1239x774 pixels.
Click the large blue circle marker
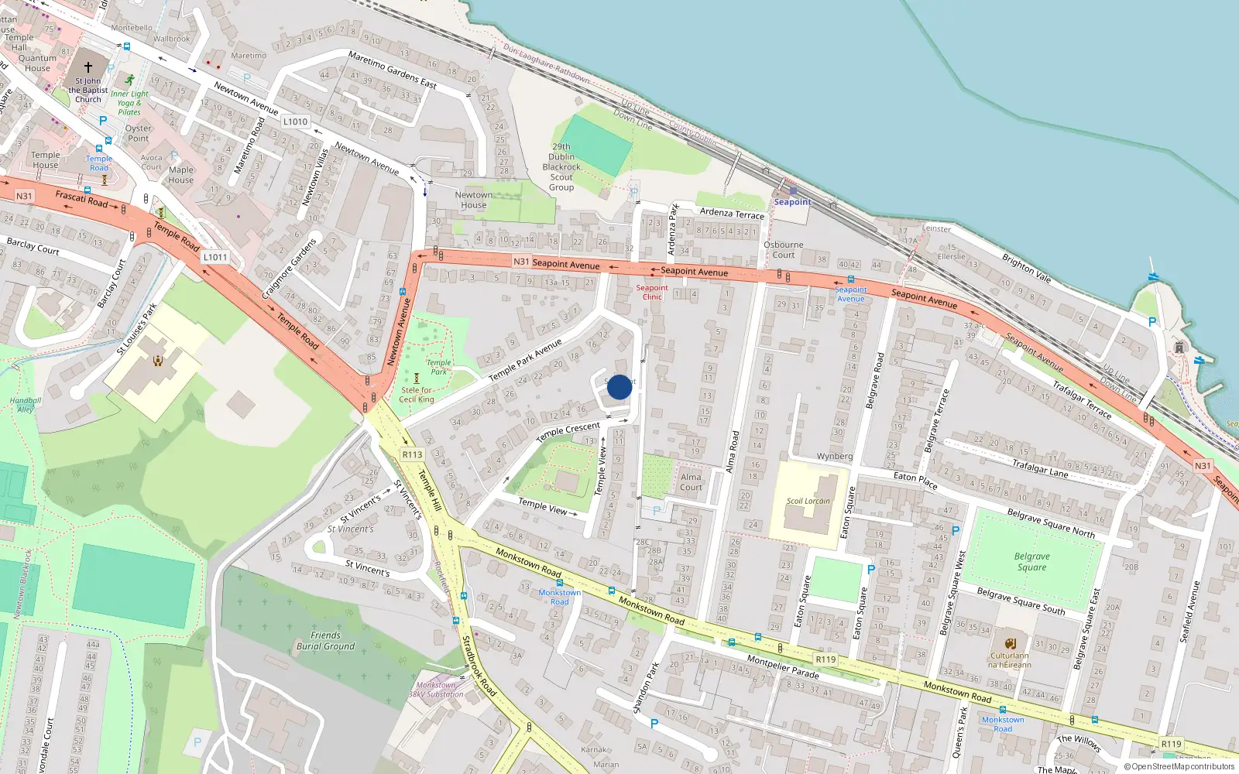click(x=619, y=387)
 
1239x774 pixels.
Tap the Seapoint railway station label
click(x=792, y=202)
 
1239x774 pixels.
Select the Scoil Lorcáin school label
click(x=808, y=501)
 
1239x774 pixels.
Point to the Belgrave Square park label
click(x=1031, y=562)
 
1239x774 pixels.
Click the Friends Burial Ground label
click(x=325, y=641)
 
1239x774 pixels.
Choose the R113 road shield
click(x=412, y=455)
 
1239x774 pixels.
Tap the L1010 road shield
click(x=295, y=122)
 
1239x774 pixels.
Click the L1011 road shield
click(x=215, y=257)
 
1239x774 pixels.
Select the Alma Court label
click(x=691, y=482)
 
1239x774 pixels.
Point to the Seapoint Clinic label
click(x=652, y=292)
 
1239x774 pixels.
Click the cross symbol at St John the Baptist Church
click(x=88, y=67)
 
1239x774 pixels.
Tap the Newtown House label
click(x=473, y=200)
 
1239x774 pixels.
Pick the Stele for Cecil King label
click(x=417, y=395)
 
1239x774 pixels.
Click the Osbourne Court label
click(x=783, y=249)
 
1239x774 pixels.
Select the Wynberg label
click(x=834, y=457)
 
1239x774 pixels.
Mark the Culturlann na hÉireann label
click(x=1010, y=659)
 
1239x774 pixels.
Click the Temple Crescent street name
click(x=568, y=431)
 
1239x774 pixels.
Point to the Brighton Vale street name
click(x=1026, y=268)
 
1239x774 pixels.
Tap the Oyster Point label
click(x=139, y=133)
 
